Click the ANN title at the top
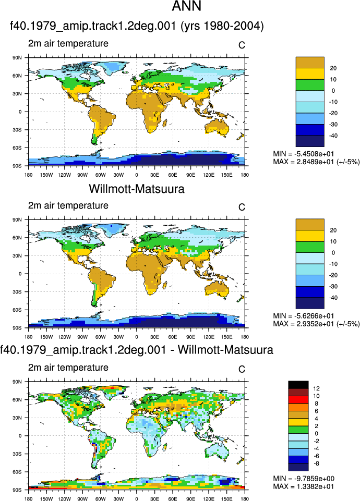(x=186, y=6)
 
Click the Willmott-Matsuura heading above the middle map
(x=137, y=189)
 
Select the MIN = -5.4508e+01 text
(x=304, y=154)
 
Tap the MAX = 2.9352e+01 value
(x=304, y=324)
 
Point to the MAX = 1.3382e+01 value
(x=304, y=486)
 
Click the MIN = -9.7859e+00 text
(x=304, y=478)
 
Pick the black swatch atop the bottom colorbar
(x=298, y=384)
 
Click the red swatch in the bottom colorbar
(x=298, y=399)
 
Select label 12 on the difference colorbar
(x=316, y=388)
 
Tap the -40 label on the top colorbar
(x=333, y=136)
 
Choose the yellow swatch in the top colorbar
(x=310, y=74)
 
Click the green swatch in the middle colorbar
(x=310, y=247)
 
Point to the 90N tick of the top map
(x=17, y=58)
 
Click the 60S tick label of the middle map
(x=17, y=310)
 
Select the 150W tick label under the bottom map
(x=46, y=498)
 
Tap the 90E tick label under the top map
(x=190, y=175)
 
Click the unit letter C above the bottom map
(x=242, y=369)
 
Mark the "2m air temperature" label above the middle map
(x=68, y=205)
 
